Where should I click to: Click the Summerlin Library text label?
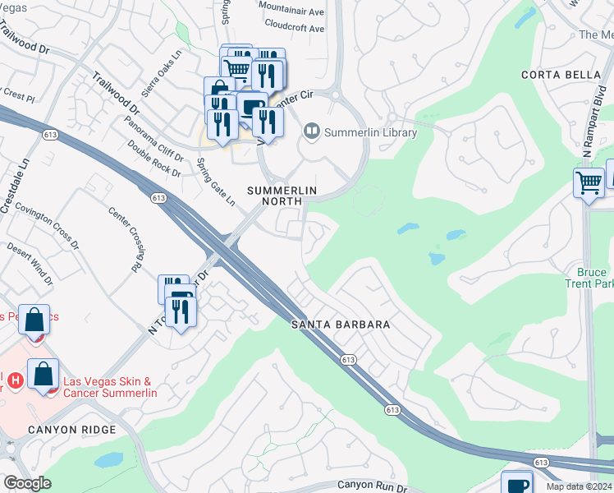point(370,132)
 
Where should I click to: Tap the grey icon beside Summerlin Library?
point(311,131)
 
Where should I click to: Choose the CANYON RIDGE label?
point(62,429)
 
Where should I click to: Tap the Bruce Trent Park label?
point(591,278)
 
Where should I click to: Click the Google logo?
point(27,483)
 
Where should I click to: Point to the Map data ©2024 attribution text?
point(579,486)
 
